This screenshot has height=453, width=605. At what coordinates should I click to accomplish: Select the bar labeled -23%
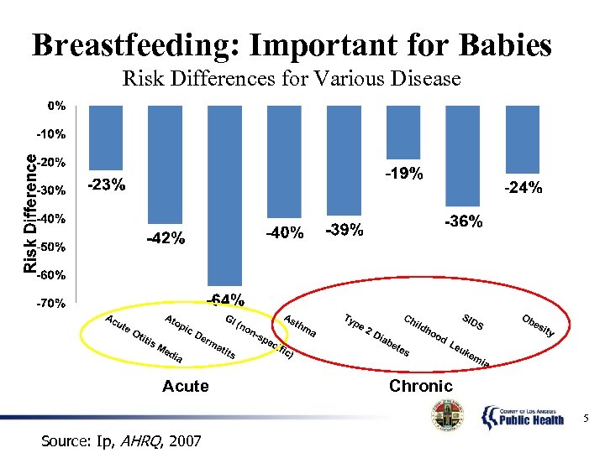tap(106, 138)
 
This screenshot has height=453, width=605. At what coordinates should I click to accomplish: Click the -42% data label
tap(166, 238)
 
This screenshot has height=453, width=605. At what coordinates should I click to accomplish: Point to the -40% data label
tap(285, 232)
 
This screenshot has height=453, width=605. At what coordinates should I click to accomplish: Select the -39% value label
tap(344, 230)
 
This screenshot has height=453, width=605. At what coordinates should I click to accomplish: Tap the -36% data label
tap(463, 221)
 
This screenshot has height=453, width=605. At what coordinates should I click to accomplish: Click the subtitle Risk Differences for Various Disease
tap(292, 80)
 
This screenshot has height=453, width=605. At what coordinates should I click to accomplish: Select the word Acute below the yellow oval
tap(185, 386)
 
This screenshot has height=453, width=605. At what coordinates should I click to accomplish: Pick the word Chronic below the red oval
tap(420, 386)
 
